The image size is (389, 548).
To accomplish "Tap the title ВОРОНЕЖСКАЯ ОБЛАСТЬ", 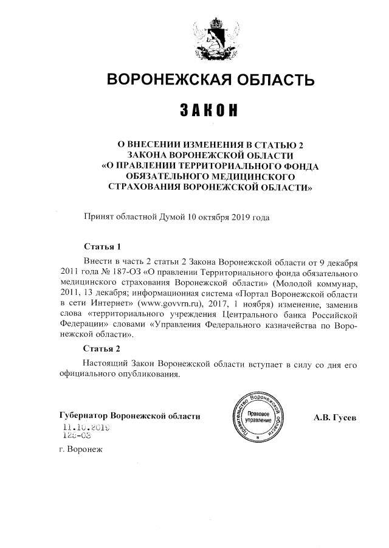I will coord(210,80).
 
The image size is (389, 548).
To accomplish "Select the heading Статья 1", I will coord(102,247).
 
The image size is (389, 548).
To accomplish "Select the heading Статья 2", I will coord(102,349).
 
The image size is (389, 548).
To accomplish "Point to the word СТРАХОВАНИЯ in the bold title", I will coord(145,187).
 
